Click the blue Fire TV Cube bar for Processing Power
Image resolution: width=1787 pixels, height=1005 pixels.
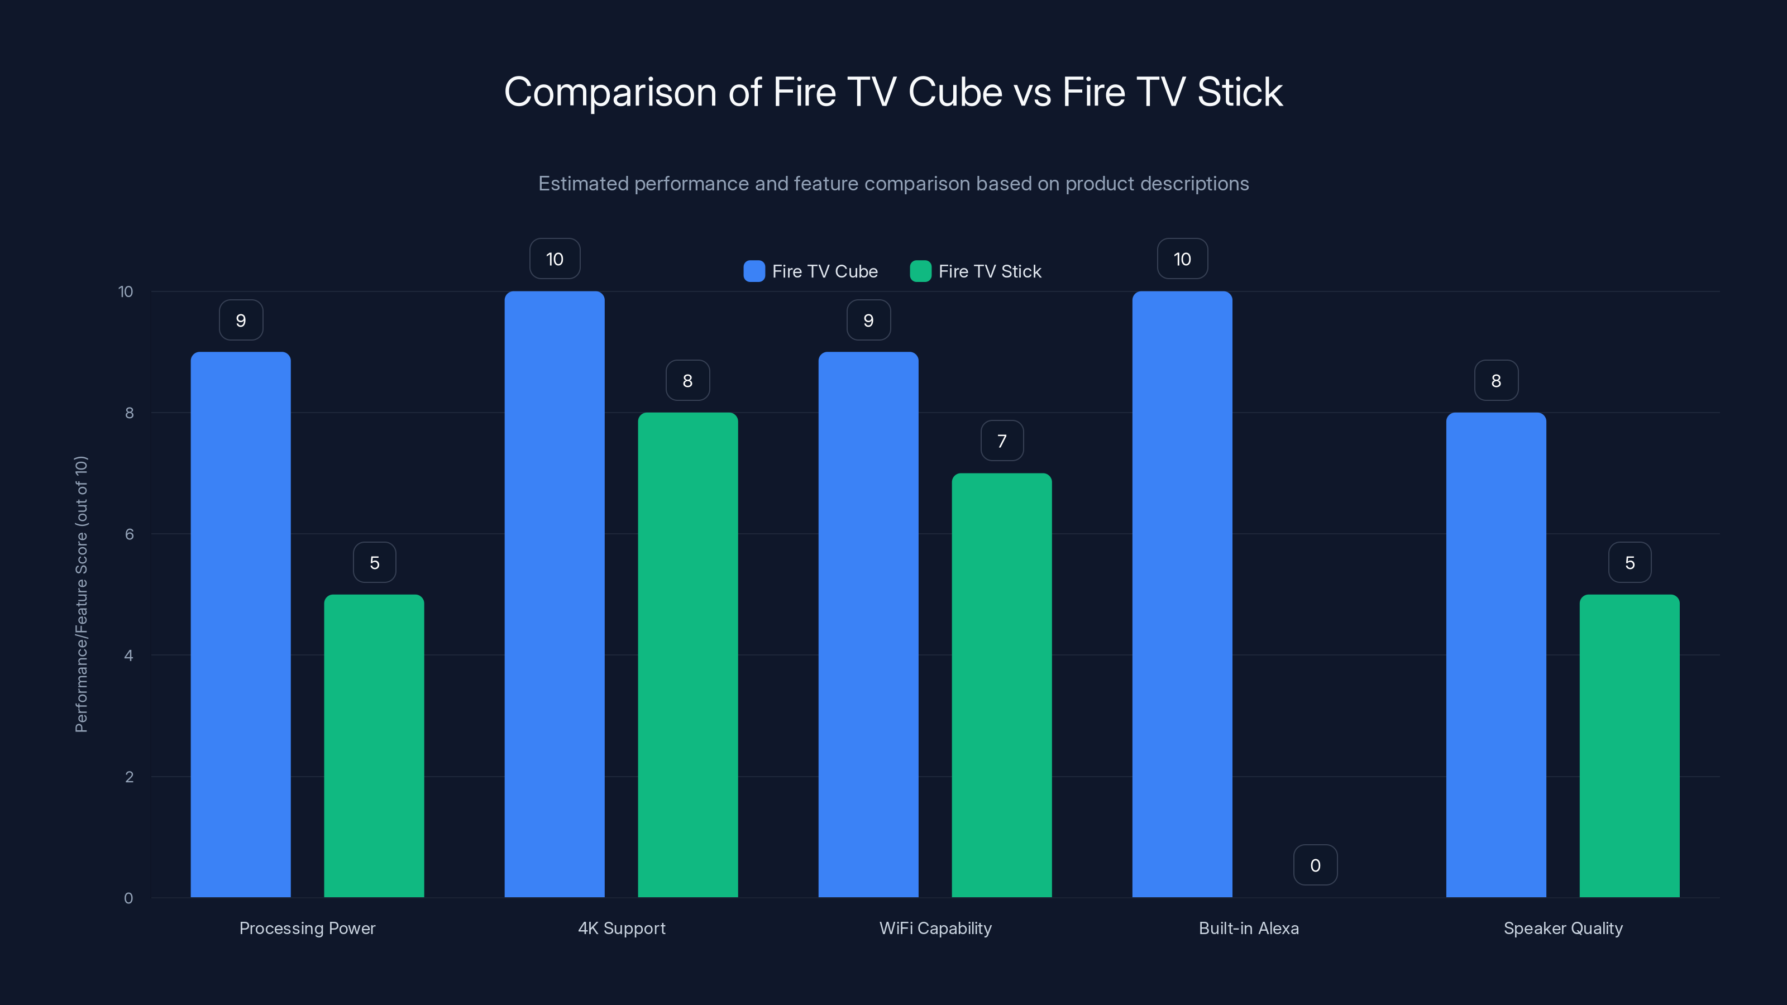(x=241, y=624)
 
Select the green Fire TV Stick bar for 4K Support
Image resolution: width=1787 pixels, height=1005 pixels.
(x=687, y=655)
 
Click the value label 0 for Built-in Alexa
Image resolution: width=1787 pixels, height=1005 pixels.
(x=1315, y=865)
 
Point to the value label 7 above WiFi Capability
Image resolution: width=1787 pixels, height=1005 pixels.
(x=1002, y=441)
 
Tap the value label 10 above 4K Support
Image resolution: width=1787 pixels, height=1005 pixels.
(x=555, y=260)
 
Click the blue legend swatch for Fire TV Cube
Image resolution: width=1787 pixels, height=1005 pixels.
(x=754, y=271)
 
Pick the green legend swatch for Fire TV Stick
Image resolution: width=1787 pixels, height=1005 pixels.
(x=920, y=271)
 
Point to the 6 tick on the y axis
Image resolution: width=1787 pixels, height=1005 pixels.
(x=129, y=534)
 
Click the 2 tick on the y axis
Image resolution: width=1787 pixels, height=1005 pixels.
(x=129, y=777)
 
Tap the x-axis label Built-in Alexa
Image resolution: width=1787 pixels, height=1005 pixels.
(x=1249, y=928)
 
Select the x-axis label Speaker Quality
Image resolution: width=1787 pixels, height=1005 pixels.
(x=1563, y=928)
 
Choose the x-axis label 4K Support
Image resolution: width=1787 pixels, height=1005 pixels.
(x=622, y=928)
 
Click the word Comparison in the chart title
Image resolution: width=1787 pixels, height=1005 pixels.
(x=610, y=92)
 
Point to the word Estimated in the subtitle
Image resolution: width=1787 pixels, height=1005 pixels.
(x=582, y=184)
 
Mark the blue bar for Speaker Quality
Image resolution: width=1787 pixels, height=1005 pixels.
(x=1495, y=655)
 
